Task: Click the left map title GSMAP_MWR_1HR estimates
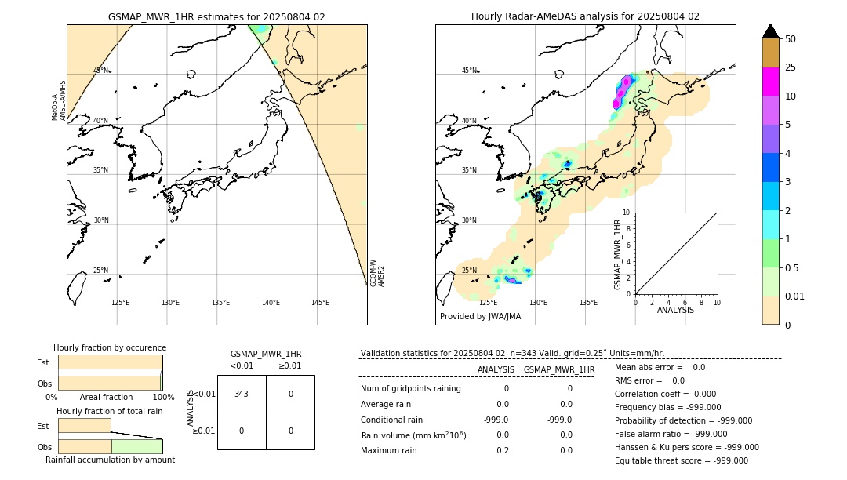(x=216, y=16)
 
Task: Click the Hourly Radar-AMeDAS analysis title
(x=585, y=16)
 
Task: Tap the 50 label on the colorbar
(x=791, y=39)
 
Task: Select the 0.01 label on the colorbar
(x=795, y=296)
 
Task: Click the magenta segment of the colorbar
(x=770, y=82)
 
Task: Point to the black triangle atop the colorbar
(x=770, y=31)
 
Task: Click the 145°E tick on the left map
(x=320, y=303)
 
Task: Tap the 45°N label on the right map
(x=469, y=71)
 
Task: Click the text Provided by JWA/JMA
(x=480, y=317)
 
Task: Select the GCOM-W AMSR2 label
(x=377, y=273)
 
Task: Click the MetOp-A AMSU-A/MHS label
(x=59, y=100)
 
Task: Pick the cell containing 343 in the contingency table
(x=242, y=395)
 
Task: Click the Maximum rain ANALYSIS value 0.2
(x=502, y=450)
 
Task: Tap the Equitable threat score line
(x=681, y=460)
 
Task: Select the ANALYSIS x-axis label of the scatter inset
(x=675, y=310)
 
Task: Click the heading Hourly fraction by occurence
(x=110, y=347)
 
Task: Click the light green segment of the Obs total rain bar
(x=136, y=446)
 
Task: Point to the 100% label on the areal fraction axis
(x=162, y=397)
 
